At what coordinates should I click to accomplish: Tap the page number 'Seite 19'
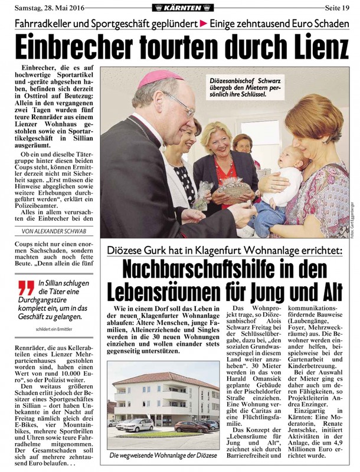pos(338,6)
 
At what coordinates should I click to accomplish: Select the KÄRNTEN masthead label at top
pos(180,6)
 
